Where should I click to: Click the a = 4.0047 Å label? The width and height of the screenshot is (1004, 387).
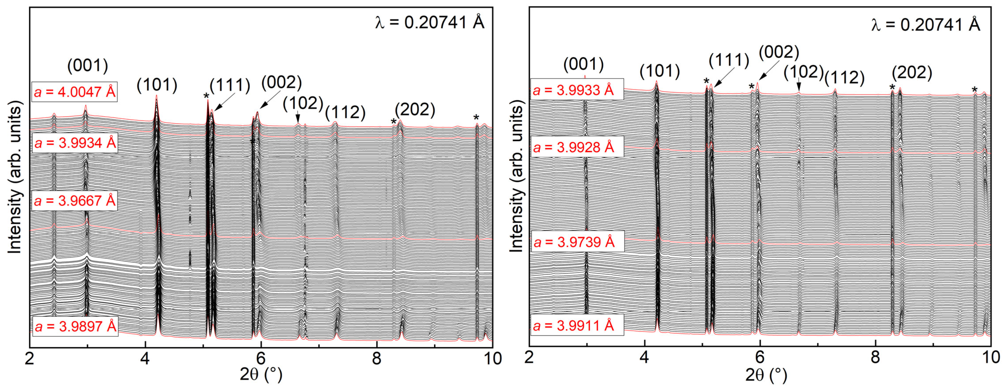coord(75,92)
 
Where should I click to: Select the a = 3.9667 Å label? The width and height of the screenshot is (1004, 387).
coord(75,201)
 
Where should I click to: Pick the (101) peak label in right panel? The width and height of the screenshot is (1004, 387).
coord(659,71)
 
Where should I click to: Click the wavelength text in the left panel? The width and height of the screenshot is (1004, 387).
coord(430,23)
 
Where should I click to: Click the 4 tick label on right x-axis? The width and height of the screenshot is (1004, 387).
coord(644,357)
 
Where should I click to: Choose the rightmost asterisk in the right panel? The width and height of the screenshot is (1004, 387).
coord(974,90)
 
